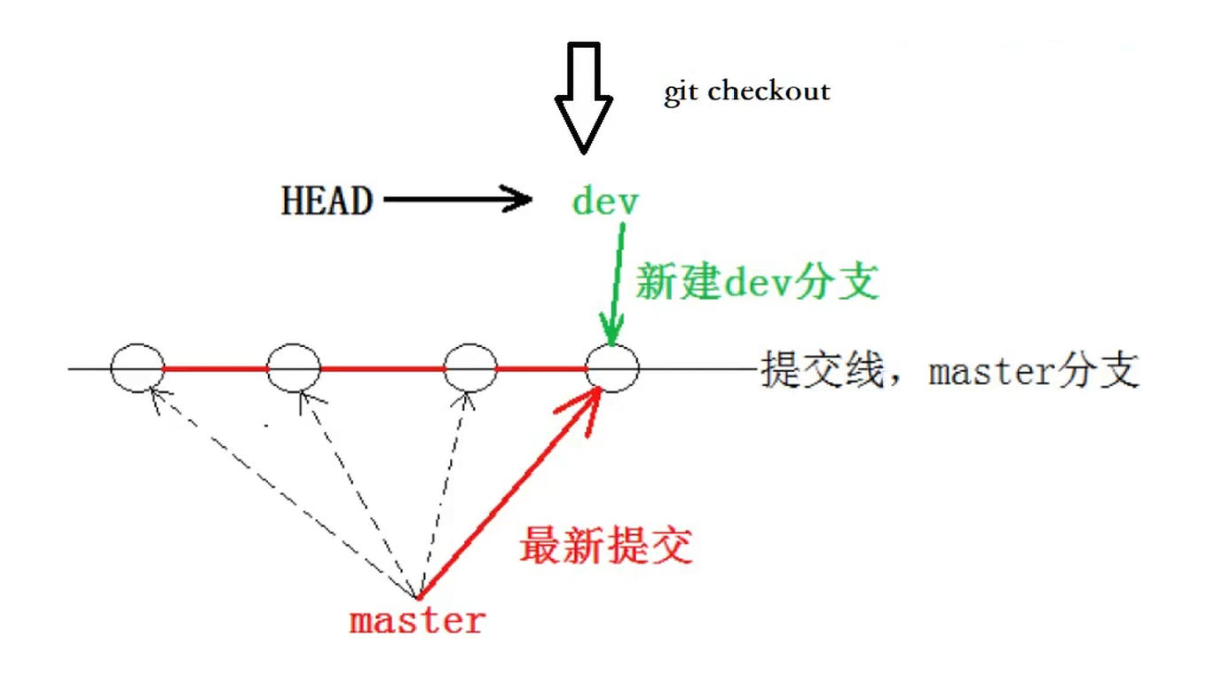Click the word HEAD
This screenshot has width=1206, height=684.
[x=327, y=201]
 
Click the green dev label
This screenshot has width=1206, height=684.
[x=605, y=201]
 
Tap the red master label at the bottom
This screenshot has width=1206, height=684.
[x=417, y=620]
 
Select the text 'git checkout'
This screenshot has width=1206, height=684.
[x=747, y=91]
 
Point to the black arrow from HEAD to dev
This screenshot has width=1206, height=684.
[x=457, y=200]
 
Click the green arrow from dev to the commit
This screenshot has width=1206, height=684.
[x=615, y=284]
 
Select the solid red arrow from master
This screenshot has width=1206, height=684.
[x=506, y=497]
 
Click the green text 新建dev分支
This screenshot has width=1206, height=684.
[x=757, y=283]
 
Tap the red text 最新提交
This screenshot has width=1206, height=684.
[x=606, y=545]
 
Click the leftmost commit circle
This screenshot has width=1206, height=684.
[x=138, y=367]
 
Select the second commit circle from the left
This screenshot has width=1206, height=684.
[x=294, y=367]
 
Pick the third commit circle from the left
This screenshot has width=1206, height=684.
[x=469, y=367]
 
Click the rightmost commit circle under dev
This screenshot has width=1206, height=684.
[x=611, y=367]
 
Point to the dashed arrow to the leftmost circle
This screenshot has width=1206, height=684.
[x=284, y=492]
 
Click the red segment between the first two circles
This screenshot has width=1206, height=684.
[x=216, y=367]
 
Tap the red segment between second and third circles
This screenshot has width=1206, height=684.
[x=382, y=367]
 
